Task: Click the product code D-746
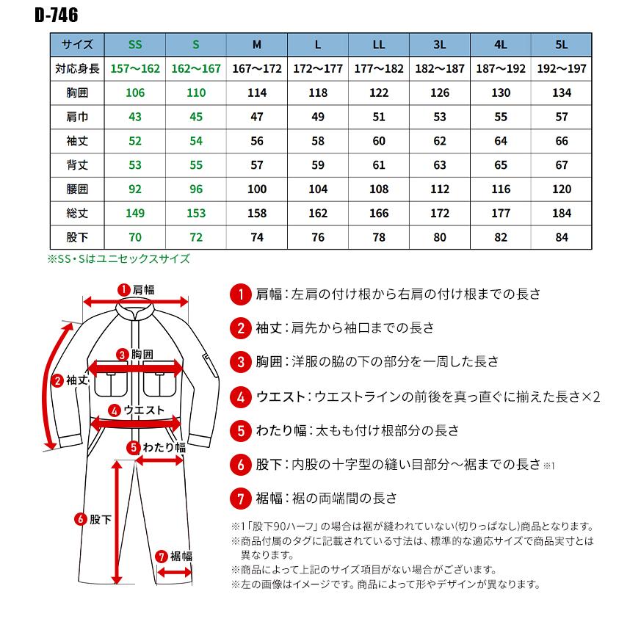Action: tap(56, 15)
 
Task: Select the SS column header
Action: tap(135, 44)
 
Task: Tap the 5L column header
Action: tap(561, 44)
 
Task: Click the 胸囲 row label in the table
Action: tap(77, 93)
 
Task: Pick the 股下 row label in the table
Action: tap(77, 237)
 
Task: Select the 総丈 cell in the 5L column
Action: tap(561, 213)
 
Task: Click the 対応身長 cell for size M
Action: tap(256, 68)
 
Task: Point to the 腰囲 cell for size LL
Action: tap(378, 189)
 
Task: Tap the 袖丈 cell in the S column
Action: tap(196, 141)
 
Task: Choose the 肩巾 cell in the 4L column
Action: tap(500, 117)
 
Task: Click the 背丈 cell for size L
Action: tap(317, 165)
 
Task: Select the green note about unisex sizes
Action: tap(119, 258)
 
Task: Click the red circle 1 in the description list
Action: tap(240, 294)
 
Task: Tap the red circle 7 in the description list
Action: tap(240, 499)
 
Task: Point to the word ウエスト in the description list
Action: tap(280, 397)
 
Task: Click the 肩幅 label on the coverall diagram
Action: tap(143, 289)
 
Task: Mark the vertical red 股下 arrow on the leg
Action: tap(117, 521)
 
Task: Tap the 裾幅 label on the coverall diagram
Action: tap(181, 555)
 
